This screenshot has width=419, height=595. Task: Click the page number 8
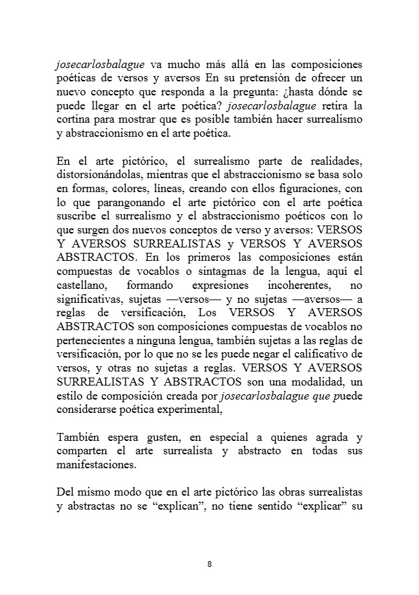click(209, 564)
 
